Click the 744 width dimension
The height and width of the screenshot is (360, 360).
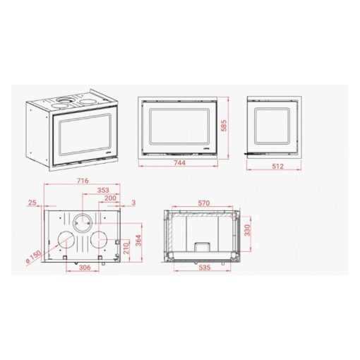click(x=179, y=163)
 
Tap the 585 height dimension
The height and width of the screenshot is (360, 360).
click(x=224, y=126)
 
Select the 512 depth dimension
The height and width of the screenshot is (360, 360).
click(x=277, y=167)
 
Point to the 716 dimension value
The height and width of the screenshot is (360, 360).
click(x=83, y=181)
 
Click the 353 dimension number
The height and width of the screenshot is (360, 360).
click(x=103, y=190)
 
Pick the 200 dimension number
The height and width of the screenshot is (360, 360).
click(x=110, y=198)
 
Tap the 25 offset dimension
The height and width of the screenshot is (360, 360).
click(x=32, y=203)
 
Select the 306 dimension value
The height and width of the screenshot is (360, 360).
click(x=85, y=268)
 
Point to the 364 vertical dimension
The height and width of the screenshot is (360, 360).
click(x=138, y=241)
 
